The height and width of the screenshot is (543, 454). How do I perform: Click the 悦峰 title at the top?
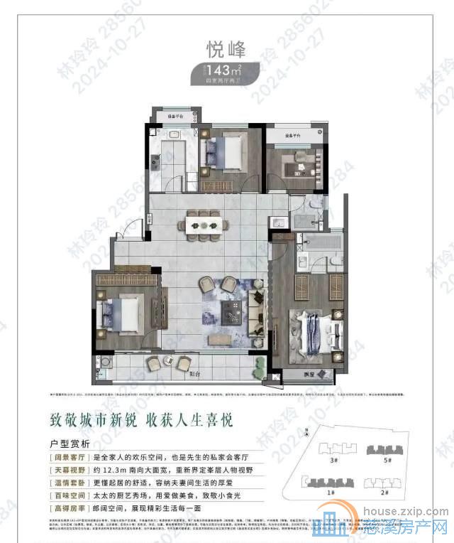tap(226, 50)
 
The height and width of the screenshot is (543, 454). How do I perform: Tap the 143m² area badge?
tap(226, 70)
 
